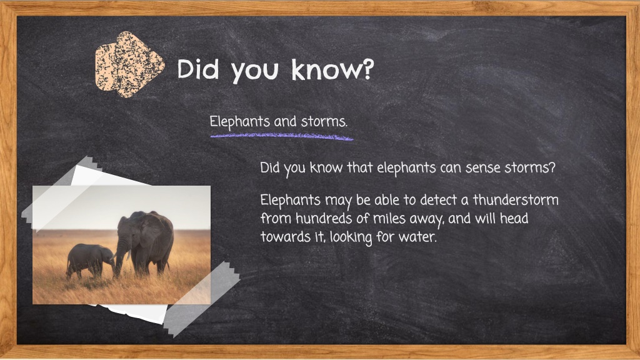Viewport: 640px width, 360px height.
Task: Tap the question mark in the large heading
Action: point(367,69)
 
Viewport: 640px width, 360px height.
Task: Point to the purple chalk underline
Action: point(282,137)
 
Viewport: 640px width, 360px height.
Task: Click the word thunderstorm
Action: point(516,200)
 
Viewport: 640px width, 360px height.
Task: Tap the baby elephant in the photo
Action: point(90,261)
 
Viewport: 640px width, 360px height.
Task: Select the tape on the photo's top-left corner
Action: point(61,191)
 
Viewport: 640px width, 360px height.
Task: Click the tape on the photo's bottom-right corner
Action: point(202,299)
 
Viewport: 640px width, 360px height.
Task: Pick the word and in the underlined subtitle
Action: point(285,122)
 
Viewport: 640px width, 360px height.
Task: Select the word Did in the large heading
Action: point(198,69)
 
